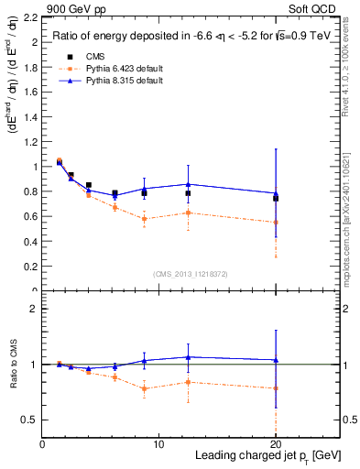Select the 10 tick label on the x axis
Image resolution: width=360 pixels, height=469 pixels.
click(158, 444)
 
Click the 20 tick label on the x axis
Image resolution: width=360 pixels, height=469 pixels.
click(276, 444)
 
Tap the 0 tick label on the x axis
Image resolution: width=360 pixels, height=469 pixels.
click(42, 444)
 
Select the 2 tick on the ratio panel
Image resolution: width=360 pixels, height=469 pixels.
click(33, 309)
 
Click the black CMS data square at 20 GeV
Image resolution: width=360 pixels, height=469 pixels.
click(276, 198)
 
